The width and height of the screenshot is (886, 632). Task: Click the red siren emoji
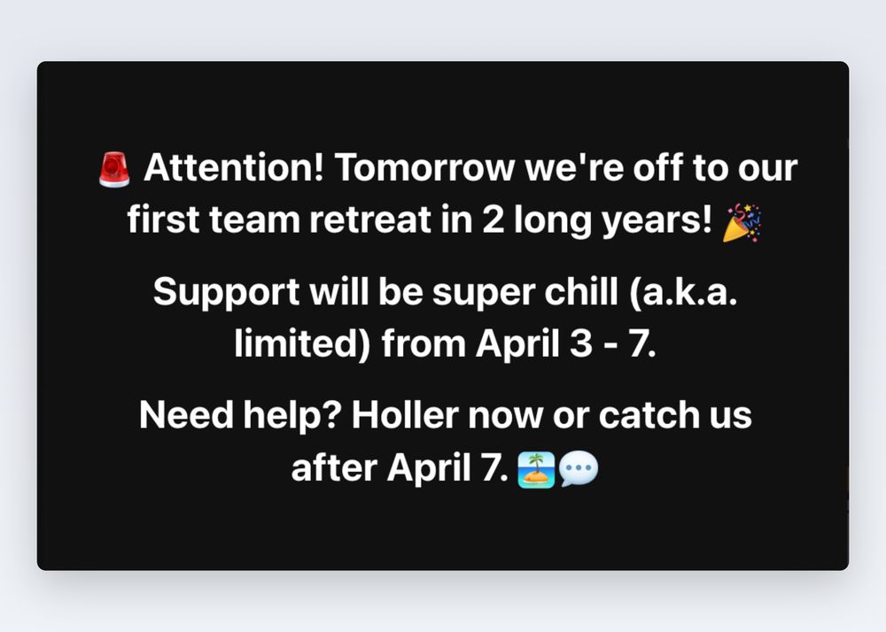click(114, 169)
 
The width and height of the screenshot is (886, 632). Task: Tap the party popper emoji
click(742, 222)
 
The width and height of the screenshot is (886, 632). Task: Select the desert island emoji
click(536, 469)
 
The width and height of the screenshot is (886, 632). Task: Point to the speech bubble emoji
click(579, 469)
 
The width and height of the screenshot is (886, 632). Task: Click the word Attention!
click(234, 167)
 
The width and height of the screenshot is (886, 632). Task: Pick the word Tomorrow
click(424, 167)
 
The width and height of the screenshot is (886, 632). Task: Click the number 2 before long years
click(494, 220)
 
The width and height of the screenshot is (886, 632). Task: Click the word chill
click(580, 292)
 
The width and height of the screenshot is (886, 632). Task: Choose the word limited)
click(302, 343)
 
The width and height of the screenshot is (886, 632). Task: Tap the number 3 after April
click(580, 343)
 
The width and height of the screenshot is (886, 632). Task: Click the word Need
click(186, 415)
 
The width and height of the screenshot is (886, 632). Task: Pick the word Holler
click(405, 415)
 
